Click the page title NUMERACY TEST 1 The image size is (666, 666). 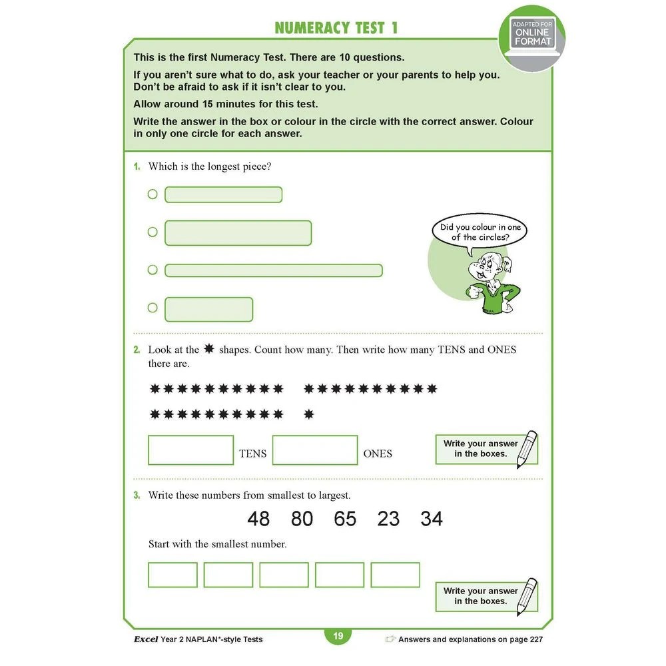point(336,28)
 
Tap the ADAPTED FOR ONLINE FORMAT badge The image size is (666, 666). point(531,33)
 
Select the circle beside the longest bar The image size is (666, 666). point(153,270)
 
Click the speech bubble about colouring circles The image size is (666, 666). point(480,232)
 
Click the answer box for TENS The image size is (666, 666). point(190,450)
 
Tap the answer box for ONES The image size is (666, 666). point(315,450)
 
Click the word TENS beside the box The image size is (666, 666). point(252,454)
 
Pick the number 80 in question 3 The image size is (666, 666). point(302,519)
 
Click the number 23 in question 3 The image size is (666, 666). point(388,519)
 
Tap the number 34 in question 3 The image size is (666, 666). point(432,519)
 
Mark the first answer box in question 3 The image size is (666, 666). point(172,575)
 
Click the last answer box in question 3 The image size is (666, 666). point(395,575)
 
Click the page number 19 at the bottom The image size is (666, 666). point(338,636)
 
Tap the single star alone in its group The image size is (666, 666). point(308,414)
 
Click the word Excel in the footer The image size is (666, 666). point(145,639)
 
